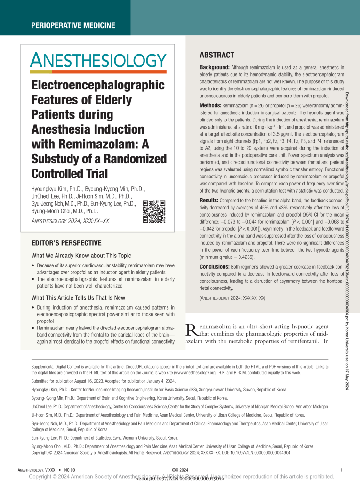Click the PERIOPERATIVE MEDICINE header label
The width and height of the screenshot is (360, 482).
tap(72, 25)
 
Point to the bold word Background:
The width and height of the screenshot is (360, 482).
tap(215, 68)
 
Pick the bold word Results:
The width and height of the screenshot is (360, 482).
tap(210, 200)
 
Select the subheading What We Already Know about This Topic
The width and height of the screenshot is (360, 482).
tap(81, 256)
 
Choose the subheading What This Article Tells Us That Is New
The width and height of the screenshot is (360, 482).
tap(78, 297)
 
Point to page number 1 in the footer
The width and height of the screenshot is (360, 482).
tap(340, 470)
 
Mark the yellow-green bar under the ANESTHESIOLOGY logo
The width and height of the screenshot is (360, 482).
tap(41, 72)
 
